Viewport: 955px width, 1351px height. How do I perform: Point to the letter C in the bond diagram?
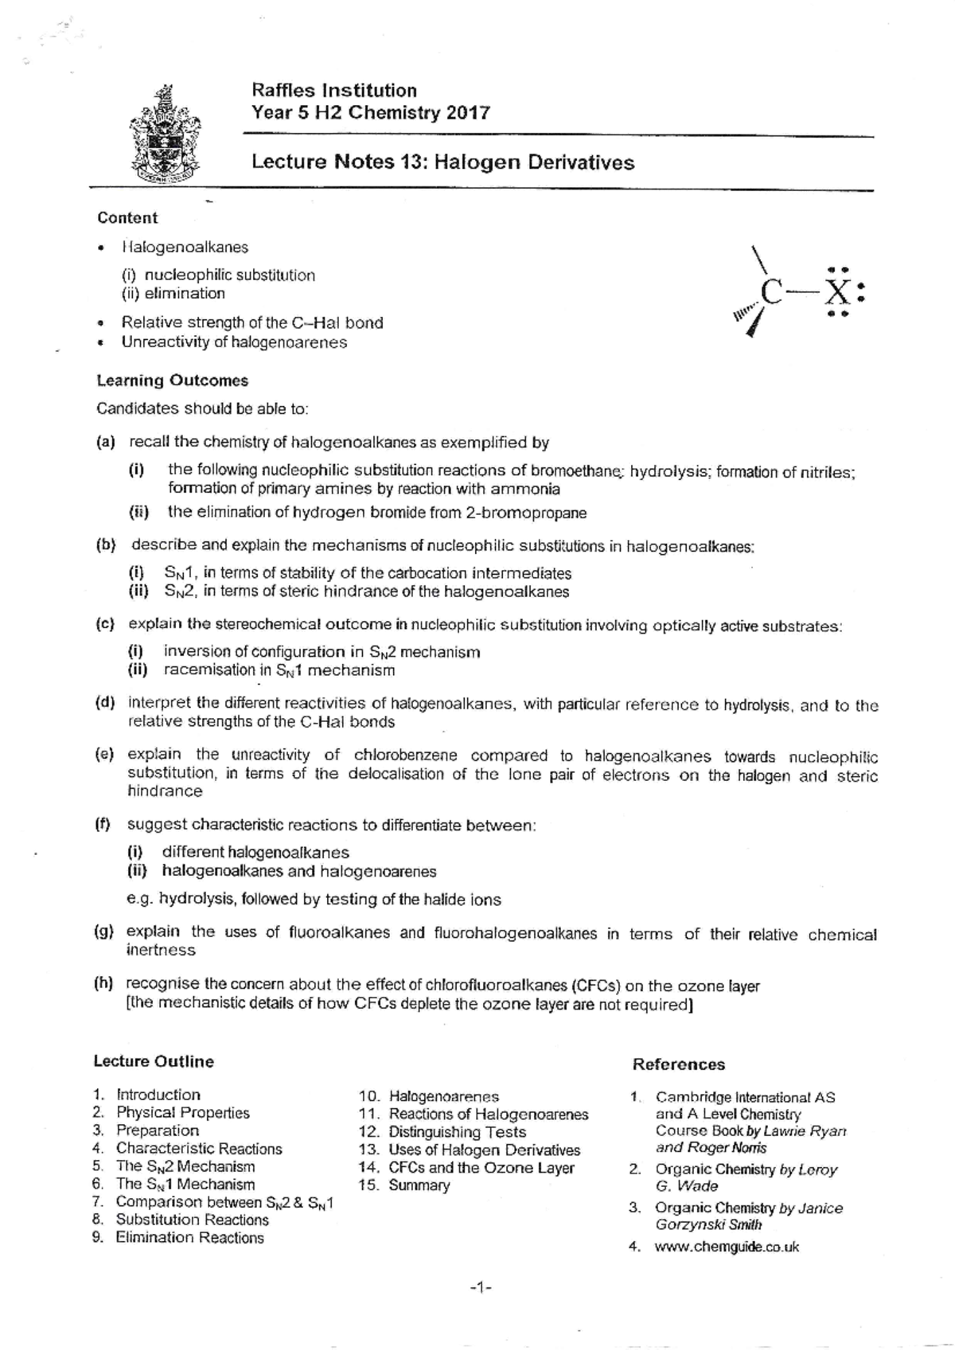[x=771, y=292]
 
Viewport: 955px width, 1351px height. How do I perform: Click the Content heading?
[x=127, y=218]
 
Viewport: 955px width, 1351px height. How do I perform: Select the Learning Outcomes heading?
[x=172, y=381]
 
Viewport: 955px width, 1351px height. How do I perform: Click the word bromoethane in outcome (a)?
[x=575, y=471]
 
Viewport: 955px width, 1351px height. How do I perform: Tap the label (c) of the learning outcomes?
[x=105, y=625]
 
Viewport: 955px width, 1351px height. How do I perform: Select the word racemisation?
[x=209, y=670]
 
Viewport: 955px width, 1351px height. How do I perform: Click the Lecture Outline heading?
[x=154, y=1061]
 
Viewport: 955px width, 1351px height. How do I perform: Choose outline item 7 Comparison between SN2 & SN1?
[x=224, y=1202]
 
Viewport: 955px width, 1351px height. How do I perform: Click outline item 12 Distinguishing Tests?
[x=457, y=1132]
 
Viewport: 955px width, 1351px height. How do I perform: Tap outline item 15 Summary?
[x=419, y=1185]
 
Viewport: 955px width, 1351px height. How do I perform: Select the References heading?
[x=678, y=1064]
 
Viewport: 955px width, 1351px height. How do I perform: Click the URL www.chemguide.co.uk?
[x=726, y=1247]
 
